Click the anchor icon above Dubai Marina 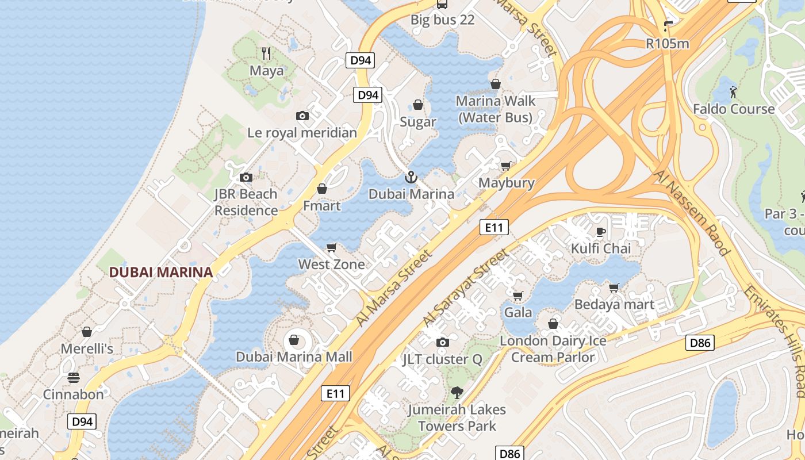pyautogui.click(x=411, y=177)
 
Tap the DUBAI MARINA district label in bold pyautogui.click(x=161, y=272)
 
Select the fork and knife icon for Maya pyautogui.click(x=266, y=53)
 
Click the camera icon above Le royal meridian pyautogui.click(x=302, y=116)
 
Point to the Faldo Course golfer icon pyautogui.click(x=733, y=92)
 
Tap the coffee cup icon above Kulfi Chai pyautogui.click(x=600, y=232)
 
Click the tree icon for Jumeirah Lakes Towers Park pyautogui.click(x=457, y=393)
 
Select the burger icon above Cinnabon pyautogui.click(x=74, y=378)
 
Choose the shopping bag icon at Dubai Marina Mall pyautogui.click(x=294, y=340)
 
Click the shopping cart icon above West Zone pyautogui.click(x=331, y=248)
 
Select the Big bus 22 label pyautogui.click(x=442, y=20)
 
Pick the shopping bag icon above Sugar pyautogui.click(x=418, y=105)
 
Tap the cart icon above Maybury pyautogui.click(x=506, y=166)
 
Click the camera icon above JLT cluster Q pyautogui.click(x=442, y=343)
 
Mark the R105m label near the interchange pyautogui.click(x=667, y=43)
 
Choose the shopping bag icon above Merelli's pyautogui.click(x=87, y=332)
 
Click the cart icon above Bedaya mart pyautogui.click(x=614, y=287)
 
